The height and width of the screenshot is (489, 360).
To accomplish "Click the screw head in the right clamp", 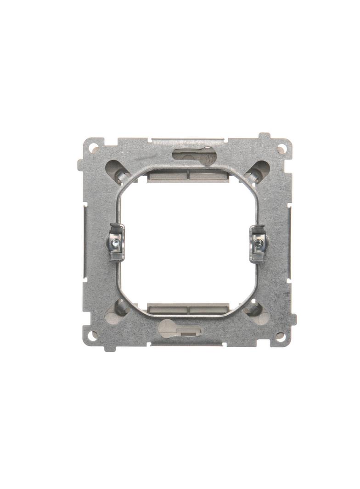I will point(259,240).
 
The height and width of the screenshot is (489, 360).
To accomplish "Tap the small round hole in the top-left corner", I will point(94,148).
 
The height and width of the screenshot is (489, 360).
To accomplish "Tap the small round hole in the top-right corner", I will point(282,148).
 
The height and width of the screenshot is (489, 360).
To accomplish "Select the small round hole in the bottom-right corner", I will point(279,335).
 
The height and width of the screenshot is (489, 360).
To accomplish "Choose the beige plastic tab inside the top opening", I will point(188,175).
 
